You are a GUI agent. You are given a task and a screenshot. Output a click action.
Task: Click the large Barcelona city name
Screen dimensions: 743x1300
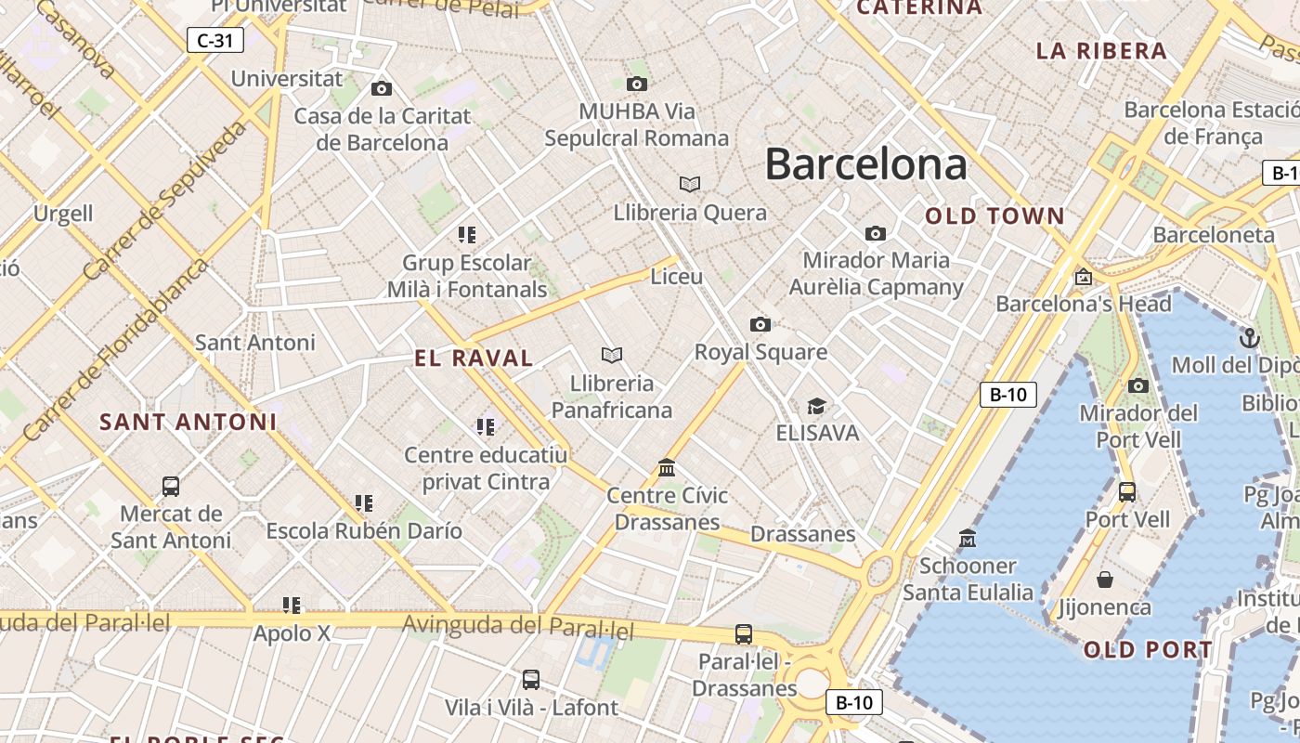click(x=865, y=164)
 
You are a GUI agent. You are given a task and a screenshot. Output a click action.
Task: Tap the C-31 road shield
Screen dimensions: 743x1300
click(x=215, y=40)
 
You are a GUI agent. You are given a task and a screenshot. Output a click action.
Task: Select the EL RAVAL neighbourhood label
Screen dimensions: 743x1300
click(x=474, y=358)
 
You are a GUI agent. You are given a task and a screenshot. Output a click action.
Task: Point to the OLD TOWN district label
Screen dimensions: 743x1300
click(x=994, y=216)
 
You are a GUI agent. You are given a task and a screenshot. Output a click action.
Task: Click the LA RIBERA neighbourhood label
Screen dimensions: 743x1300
click(x=1101, y=51)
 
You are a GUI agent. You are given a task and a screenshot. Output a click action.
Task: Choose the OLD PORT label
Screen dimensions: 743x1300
click(x=1148, y=650)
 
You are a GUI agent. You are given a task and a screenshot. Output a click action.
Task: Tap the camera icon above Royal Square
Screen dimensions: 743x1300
click(x=760, y=324)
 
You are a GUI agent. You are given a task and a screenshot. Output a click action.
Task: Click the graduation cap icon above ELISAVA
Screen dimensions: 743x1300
click(x=816, y=406)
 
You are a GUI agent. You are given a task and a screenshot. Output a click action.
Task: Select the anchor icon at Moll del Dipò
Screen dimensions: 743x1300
click(x=1249, y=337)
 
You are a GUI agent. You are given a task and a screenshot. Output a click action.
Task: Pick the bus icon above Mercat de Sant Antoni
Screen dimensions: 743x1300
click(x=171, y=486)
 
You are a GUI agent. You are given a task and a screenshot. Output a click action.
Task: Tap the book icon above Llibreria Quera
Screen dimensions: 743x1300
click(x=689, y=184)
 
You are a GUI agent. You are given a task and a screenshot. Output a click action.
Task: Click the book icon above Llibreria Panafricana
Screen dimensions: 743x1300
click(x=611, y=355)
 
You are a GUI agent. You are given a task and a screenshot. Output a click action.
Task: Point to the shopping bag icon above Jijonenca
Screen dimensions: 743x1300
click(x=1105, y=580)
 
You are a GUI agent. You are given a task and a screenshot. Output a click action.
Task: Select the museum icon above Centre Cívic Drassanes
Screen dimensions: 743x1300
click(x=667, y=467)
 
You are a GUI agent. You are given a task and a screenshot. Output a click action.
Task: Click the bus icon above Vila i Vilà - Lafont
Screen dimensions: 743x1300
click(x=530, y=680)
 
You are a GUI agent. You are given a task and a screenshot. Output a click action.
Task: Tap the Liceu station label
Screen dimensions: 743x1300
click(x=677, y=277)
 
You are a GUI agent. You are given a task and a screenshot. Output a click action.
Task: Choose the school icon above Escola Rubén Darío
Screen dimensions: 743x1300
click(x=364, y=503)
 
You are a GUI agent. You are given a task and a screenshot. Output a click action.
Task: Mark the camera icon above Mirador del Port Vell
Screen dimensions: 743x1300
click(x=1138, y=385)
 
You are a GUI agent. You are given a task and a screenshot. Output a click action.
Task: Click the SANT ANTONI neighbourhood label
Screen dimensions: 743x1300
click(x=188, y=422)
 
